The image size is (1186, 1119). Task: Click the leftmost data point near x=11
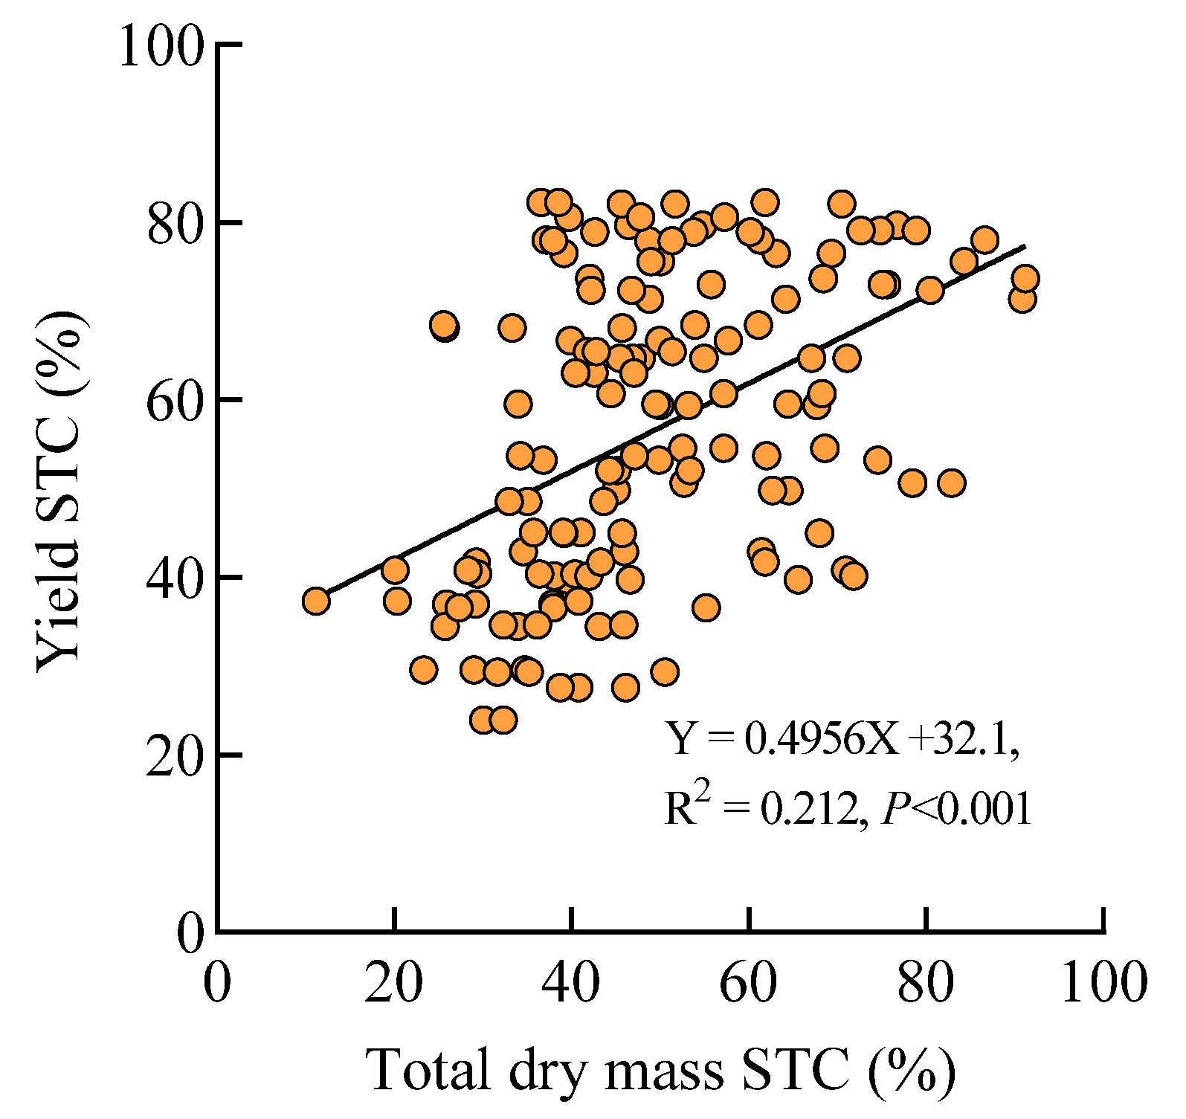[x=316, y=601]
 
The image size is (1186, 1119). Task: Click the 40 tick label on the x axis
[x=571, y=983]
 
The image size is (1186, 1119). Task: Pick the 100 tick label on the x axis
[x=1103, y=983]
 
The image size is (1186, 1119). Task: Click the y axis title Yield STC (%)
[x=59, y=491]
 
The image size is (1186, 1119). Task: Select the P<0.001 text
[x=957, y=808]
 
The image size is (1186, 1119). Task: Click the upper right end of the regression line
[x=1025, y=246]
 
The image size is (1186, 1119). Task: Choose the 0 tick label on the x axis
[x=217, y=983]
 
